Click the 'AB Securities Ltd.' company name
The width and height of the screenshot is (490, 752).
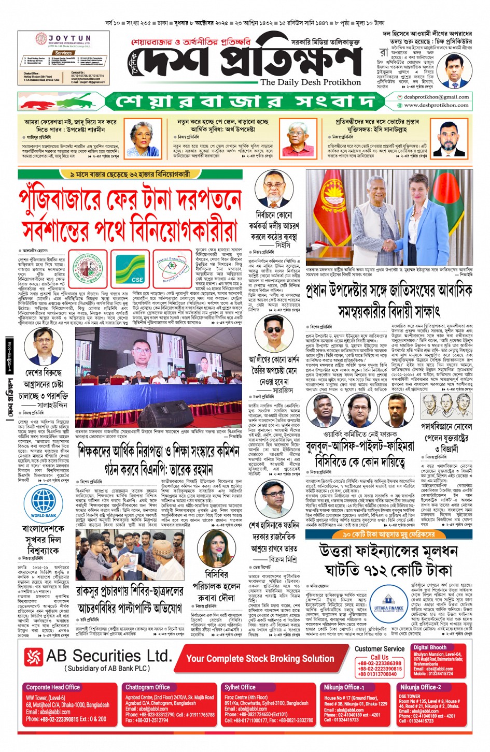tap(109, 656)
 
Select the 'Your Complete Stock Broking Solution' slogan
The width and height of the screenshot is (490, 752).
tap(260, 658)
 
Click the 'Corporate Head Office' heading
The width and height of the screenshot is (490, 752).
tap(53, 687)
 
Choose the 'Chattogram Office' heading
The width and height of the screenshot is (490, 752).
tap(147, 687)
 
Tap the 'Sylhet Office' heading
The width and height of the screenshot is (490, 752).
tap(240, 687)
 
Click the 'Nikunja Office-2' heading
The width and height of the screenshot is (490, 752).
tap(420, 687)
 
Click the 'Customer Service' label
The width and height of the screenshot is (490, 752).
tap(380, 648)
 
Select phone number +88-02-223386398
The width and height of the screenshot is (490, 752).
tap(380, 663)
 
